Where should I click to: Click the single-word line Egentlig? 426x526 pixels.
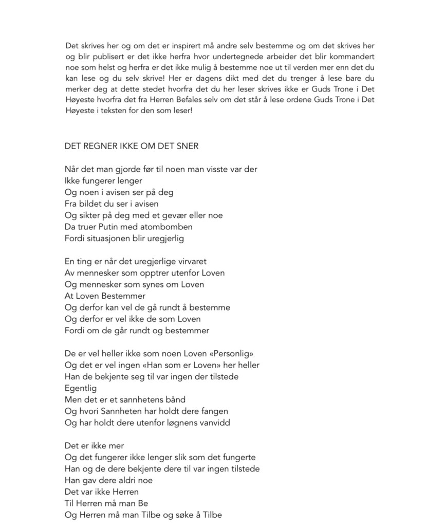81,389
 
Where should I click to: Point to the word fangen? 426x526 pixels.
214,411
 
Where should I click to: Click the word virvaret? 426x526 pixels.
191,262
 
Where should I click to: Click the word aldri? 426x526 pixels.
123,480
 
